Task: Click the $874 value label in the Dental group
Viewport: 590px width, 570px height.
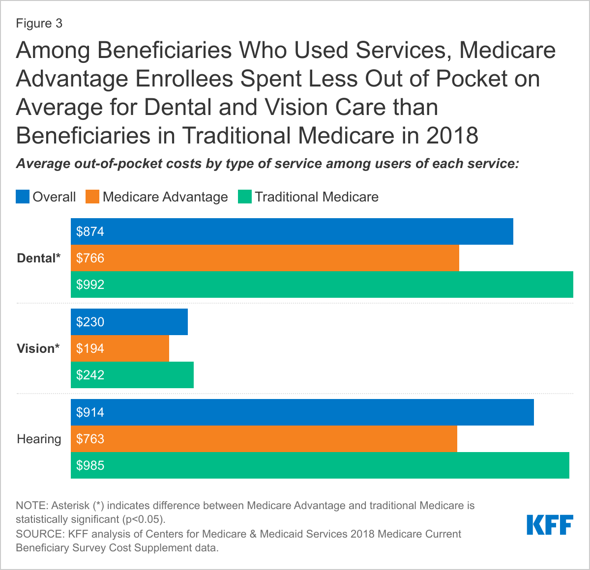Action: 90,231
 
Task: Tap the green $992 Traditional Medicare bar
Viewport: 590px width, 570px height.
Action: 322,285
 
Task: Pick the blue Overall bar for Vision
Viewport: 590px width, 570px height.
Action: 129,322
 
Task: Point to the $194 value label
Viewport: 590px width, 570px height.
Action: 90,348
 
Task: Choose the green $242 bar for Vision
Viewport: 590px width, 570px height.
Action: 132,375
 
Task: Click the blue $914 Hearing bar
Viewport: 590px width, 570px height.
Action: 302,412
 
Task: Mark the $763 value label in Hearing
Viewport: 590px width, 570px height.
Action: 90,439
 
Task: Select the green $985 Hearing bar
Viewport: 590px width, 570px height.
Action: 320,465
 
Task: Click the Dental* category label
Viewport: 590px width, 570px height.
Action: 39,258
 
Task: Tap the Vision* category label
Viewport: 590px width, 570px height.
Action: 38,348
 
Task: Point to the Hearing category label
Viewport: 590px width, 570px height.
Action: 39,439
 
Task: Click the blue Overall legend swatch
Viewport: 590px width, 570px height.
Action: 23,197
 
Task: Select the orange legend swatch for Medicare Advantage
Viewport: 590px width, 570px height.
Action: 92,197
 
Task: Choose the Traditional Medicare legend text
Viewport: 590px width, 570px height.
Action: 317,197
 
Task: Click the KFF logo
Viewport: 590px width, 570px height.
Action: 550,525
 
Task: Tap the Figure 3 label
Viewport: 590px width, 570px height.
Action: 39,24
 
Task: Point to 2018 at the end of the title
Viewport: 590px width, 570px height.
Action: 452,136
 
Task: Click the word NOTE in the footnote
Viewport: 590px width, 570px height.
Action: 31,506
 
